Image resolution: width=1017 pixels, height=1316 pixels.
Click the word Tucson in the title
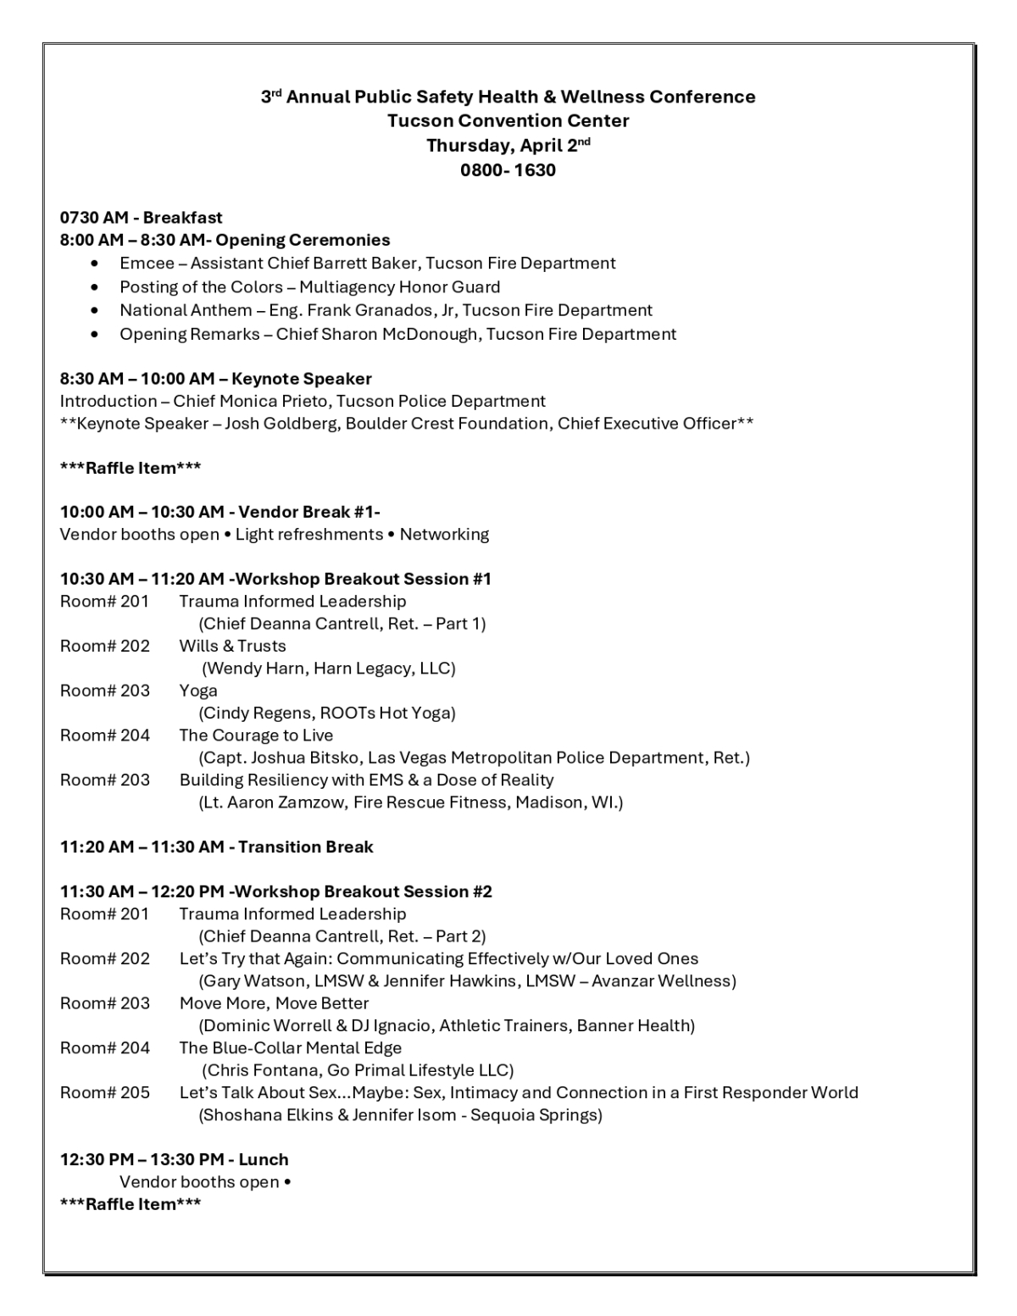[x=416, y=120]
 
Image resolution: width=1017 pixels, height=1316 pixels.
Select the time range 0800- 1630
[x=508, y=169]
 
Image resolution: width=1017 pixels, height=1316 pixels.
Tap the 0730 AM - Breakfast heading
[x=141, y=218]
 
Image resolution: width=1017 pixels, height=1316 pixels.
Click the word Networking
[x=444, y=534]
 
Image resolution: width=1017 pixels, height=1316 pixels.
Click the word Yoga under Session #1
[x=198, y=690]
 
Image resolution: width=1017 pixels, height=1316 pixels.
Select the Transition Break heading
[x=305, y=847]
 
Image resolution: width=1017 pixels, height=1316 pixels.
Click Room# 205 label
[x=104, y=1092]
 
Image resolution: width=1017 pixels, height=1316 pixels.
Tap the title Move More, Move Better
[x=274, y=1002]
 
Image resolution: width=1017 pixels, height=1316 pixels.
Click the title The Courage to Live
[x=256, y=735]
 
